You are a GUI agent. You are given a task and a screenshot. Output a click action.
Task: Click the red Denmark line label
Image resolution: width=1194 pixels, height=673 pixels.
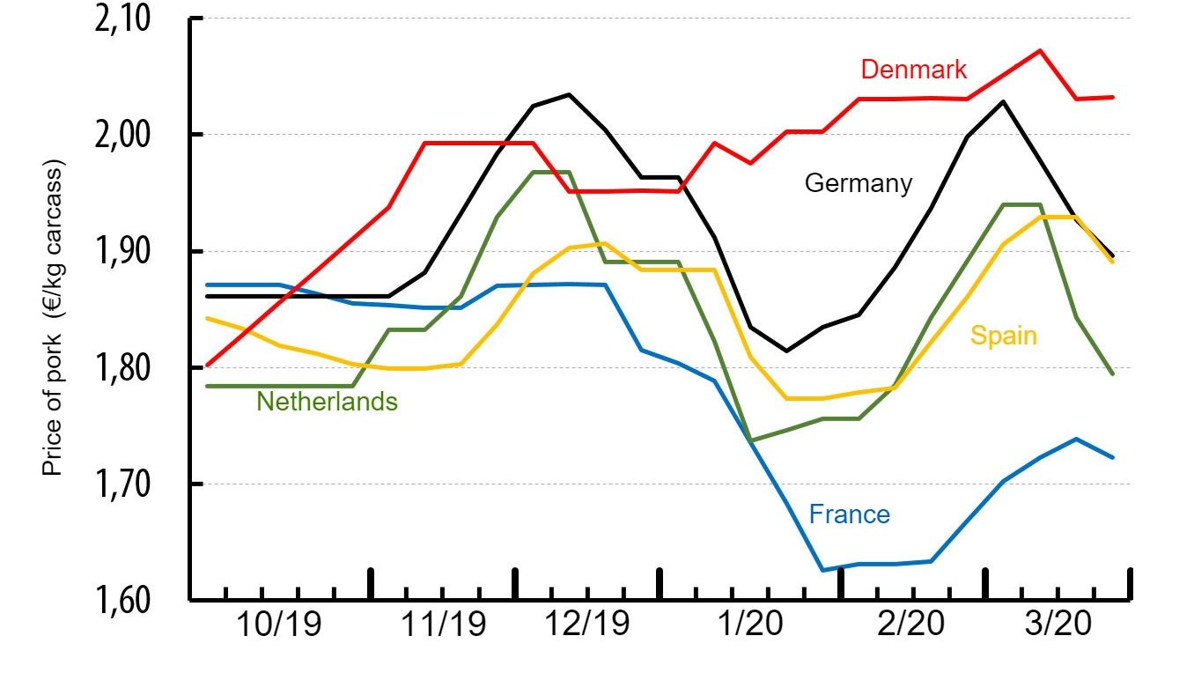[914, 70]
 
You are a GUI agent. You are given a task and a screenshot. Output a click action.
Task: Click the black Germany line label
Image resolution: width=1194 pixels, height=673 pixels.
[859, 183]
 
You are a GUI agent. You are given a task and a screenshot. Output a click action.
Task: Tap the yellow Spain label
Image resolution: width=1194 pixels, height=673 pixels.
[1004, 336]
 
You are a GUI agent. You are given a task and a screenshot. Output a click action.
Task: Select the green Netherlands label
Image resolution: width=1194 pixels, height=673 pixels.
[327, 403]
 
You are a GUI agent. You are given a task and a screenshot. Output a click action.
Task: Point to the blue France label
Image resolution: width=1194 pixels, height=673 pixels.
[849, 514]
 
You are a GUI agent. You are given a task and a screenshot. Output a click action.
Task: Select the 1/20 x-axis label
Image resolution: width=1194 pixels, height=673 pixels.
[744, 627]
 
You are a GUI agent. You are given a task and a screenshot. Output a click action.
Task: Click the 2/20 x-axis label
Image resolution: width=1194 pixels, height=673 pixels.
[910, 627]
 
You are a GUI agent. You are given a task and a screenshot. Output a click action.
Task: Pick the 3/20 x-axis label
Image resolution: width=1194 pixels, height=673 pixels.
[1057, 627]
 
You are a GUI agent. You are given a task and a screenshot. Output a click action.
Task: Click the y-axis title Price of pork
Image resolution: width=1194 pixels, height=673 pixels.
[55, 319]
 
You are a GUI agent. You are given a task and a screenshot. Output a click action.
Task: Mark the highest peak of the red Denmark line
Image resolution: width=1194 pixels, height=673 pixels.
[1040, 50]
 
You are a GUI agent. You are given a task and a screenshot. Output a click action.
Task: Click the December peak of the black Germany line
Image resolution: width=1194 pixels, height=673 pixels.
[568, 94]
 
